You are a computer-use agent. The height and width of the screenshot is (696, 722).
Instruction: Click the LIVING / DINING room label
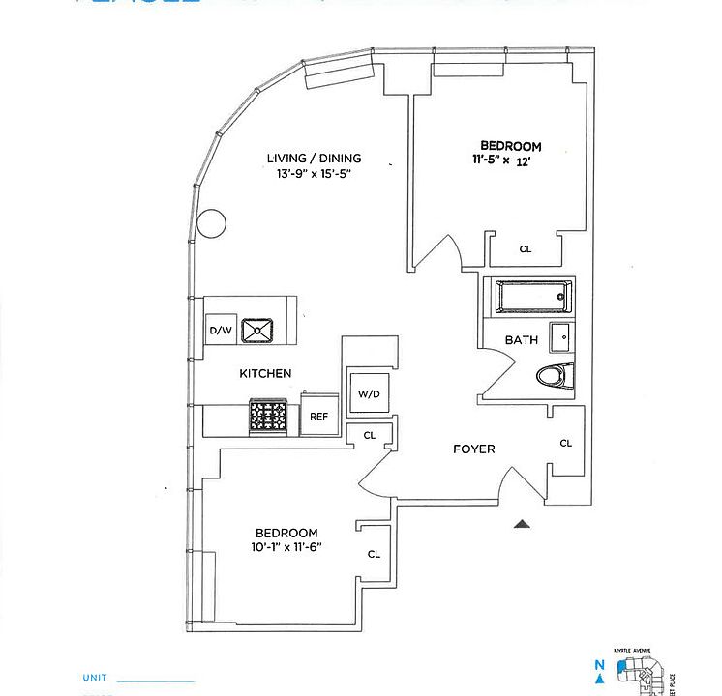tap(314, 159)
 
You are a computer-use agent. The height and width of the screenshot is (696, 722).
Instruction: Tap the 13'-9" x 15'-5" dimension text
tap(314, 175)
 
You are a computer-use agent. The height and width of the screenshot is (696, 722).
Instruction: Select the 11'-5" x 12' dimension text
tap(511, 161)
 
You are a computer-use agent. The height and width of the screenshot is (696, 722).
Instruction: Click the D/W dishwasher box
tap(220, 331)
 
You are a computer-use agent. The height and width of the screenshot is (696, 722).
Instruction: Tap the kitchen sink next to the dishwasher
tap(258, 331)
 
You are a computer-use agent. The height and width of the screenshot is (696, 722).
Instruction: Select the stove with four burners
tap(268, 417)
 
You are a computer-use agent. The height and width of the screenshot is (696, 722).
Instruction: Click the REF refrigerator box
tap(318, 417)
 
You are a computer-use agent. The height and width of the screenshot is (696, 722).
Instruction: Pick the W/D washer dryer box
tap(369, 393)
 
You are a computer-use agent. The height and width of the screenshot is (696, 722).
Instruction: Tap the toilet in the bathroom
tap(556, 375)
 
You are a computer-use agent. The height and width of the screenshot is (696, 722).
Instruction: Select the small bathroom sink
tap(561, 336)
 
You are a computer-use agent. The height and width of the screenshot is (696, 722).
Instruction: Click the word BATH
tap(522, 340)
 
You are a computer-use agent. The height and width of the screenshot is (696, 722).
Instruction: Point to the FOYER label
tap(474, 449)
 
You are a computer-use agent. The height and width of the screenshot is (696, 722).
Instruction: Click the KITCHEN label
tap(265, 373)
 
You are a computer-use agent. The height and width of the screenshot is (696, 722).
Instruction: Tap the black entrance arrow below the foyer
tap(522, 524)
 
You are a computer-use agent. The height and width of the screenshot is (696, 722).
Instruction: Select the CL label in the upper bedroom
tap(526, 249)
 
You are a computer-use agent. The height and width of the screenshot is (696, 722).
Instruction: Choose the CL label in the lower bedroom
tap(374, 555)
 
